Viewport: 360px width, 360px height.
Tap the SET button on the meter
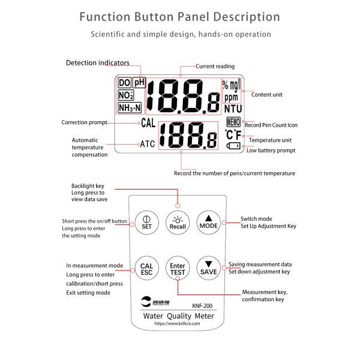point(146,223)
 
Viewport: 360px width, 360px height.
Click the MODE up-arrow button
point(209,223)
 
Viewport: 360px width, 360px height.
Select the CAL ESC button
point(146,268)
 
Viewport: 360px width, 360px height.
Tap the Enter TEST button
point(178,268)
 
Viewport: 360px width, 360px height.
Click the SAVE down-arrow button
point(209,268)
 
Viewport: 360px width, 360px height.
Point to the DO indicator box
point(124,83)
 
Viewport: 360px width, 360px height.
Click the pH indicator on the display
point(139,83)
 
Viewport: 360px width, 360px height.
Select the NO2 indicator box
point(126,95)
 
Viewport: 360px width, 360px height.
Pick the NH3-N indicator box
point(130,108)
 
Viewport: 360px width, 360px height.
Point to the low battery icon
point(232,145)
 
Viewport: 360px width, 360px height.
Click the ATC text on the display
point(148,144)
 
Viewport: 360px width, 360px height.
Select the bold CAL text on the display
point(149,123)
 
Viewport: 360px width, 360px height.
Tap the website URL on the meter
point(177,323)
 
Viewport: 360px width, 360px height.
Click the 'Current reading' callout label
point(215,66)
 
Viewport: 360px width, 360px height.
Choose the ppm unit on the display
point(231,97)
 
